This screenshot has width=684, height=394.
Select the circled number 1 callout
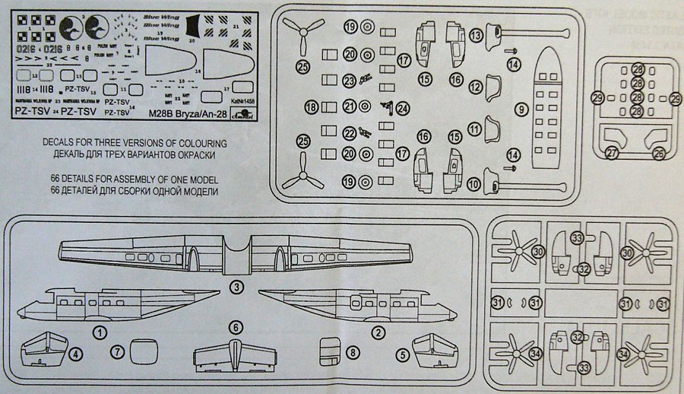click(99, 331)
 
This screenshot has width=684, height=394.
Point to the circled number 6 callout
click(74, 354)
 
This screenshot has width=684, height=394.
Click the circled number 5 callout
click(521, 109)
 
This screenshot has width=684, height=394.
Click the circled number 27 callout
click(613, 153)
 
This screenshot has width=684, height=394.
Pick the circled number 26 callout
click(659, 153)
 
